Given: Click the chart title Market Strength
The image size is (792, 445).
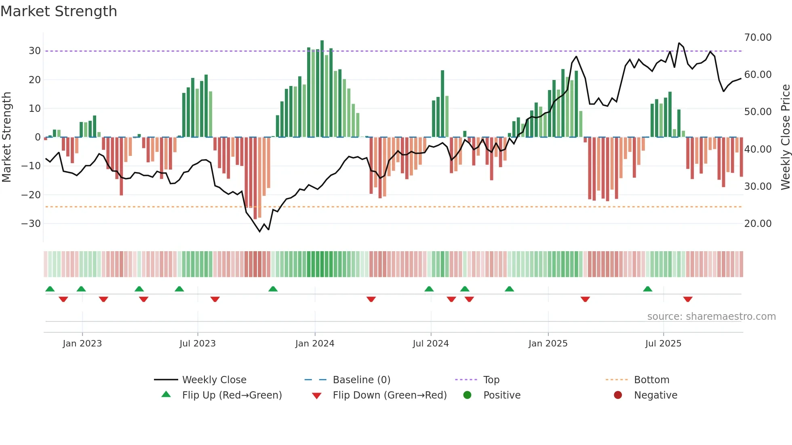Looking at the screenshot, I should (59, 11).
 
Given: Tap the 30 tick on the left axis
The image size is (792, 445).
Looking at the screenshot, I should (34, 51).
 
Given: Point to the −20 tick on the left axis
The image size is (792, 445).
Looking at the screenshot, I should (31, 195).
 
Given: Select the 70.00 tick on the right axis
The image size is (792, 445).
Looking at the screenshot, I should (758, 38).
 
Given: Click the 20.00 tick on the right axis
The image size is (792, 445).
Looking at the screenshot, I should (758, 224).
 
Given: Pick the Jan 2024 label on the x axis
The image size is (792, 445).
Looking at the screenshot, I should (314, 344).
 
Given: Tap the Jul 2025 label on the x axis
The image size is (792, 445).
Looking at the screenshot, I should (663, 344).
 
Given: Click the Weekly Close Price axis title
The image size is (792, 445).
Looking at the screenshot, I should (785, 137).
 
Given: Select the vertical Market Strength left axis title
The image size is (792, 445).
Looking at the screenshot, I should (6, 137).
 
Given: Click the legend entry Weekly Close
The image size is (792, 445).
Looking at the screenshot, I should (214, 380).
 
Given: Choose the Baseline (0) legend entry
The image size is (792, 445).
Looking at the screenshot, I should (361, 380).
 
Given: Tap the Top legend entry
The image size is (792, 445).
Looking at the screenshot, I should (491, 380).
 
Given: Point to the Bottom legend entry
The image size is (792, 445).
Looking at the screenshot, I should (651, 380).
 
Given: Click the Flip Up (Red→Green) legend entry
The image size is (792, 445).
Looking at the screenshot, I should (232, 395).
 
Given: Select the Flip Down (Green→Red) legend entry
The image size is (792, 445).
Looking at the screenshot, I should (390, 395).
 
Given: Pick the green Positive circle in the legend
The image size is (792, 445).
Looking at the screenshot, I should (468, 395).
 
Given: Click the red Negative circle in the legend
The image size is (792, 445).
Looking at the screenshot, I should (618, 395).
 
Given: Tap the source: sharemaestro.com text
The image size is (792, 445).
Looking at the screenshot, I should (711, 317).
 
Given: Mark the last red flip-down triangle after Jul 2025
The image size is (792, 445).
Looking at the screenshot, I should (688, 299).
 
